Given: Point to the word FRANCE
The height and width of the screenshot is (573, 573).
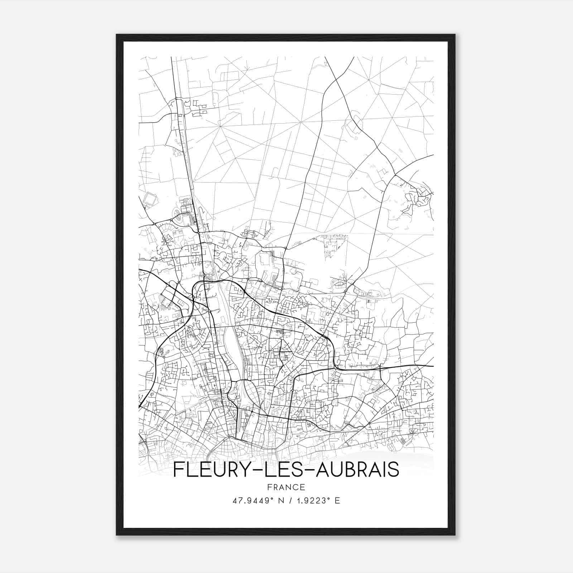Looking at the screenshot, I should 286,487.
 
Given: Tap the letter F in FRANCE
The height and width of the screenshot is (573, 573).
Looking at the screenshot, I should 269,487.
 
